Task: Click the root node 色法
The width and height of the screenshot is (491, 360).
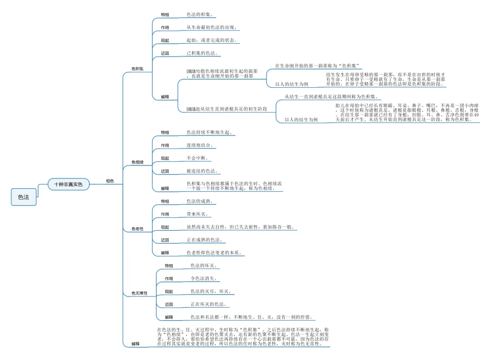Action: [24, 197]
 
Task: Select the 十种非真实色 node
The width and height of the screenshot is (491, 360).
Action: [69, 184]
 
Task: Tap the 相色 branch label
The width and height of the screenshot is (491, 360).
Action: [110, 181]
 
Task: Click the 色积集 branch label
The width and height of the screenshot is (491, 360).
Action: [137, 69]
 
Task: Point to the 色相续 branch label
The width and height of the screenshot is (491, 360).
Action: [137, 162]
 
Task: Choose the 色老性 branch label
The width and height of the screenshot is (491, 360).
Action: [137, 229]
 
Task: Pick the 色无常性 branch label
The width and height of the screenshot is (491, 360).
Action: [140, 294]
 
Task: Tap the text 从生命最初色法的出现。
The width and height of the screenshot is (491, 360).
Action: [212, 28]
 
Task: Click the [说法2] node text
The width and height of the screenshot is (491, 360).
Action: [226, 109]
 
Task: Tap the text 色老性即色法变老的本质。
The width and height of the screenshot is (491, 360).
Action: [214, 252]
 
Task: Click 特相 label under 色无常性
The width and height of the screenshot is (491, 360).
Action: [169, 266]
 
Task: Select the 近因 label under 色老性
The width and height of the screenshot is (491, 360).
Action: [165, 240]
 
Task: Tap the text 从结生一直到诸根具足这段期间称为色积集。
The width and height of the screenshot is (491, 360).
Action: [332, 97]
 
